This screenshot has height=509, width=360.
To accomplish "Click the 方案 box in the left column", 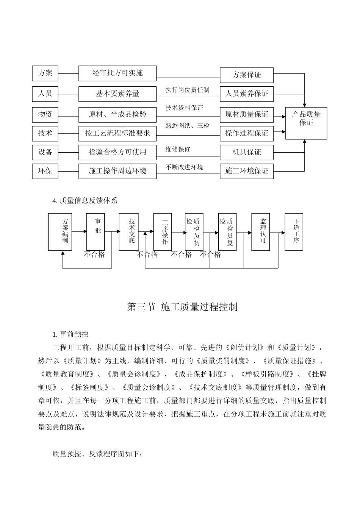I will click(45, 73).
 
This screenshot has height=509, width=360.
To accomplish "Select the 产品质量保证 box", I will click(306, 123).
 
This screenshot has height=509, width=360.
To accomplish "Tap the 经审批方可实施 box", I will click(117, 73).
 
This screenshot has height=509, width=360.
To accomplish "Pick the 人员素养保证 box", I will click(247, 94).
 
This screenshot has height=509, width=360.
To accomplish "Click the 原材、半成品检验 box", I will click(117, 114).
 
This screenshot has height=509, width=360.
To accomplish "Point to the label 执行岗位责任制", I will click(187, 90).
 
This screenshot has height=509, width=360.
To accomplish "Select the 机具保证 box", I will click(247, 152).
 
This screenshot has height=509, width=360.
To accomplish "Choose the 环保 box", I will click(45, 171).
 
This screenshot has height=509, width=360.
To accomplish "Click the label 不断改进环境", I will click(184, 167).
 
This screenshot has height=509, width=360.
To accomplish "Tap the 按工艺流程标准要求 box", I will click(117, 133).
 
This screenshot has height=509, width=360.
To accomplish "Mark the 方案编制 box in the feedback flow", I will click(60, 232).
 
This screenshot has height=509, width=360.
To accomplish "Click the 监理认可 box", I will click(263, 232).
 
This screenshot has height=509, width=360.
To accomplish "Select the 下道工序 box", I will click(296, 232).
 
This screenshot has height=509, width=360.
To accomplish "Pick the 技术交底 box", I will click(129, 232).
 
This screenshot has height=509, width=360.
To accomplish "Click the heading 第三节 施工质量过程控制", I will click(182, 307).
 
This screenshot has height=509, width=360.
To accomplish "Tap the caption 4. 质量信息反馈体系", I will click(85, 201).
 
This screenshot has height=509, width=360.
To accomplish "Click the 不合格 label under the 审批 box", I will click(94, 254).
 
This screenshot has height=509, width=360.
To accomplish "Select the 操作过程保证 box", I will click(247, 133).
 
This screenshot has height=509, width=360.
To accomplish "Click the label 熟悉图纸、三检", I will click(187, 125).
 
